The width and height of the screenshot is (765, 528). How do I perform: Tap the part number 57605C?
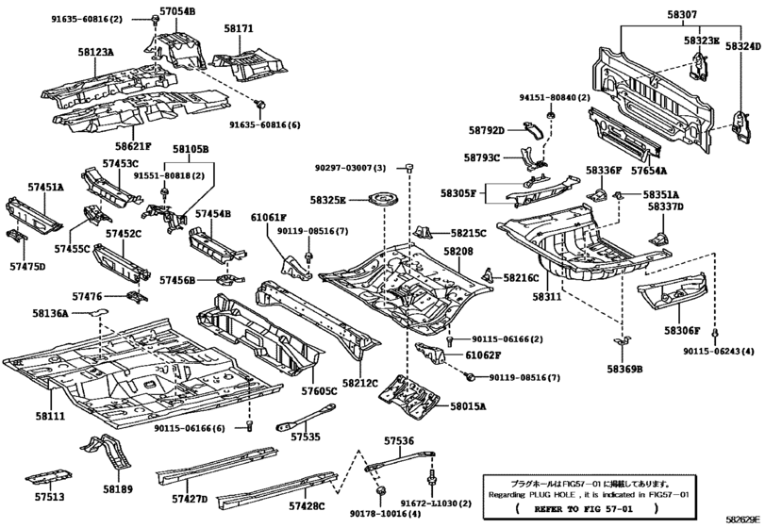(x=320, y=389)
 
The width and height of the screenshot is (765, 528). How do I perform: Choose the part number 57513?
(x=50, y=496)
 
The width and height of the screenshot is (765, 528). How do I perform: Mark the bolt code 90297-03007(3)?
(x=351, y=167)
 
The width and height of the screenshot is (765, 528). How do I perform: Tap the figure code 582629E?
(x=742, y=520)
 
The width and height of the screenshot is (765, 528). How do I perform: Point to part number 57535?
(x=305, y=437)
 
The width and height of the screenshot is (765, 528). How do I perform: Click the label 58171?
(x=239, y=29)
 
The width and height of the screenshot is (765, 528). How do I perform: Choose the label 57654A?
(x=648, y=171)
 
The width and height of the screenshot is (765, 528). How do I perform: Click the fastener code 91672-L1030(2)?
(x=438, y=505)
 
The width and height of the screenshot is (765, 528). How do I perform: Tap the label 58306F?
(x=681, y=330)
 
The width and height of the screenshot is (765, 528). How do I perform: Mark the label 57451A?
(x=43, y=188)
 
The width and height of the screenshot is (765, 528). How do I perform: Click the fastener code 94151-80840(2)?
(x=555, y=97)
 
